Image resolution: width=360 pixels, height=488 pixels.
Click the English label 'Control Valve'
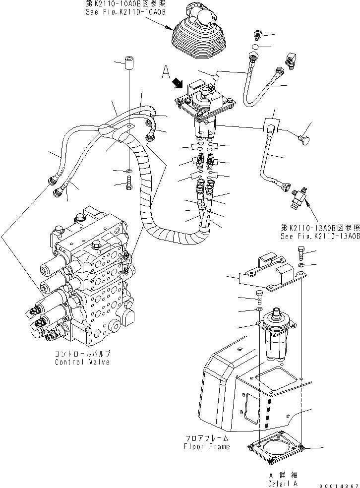pos(82,362)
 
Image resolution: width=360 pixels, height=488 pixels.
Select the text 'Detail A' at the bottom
pos(283,483)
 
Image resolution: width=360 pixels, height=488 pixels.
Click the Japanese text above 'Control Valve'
pos(82,354)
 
